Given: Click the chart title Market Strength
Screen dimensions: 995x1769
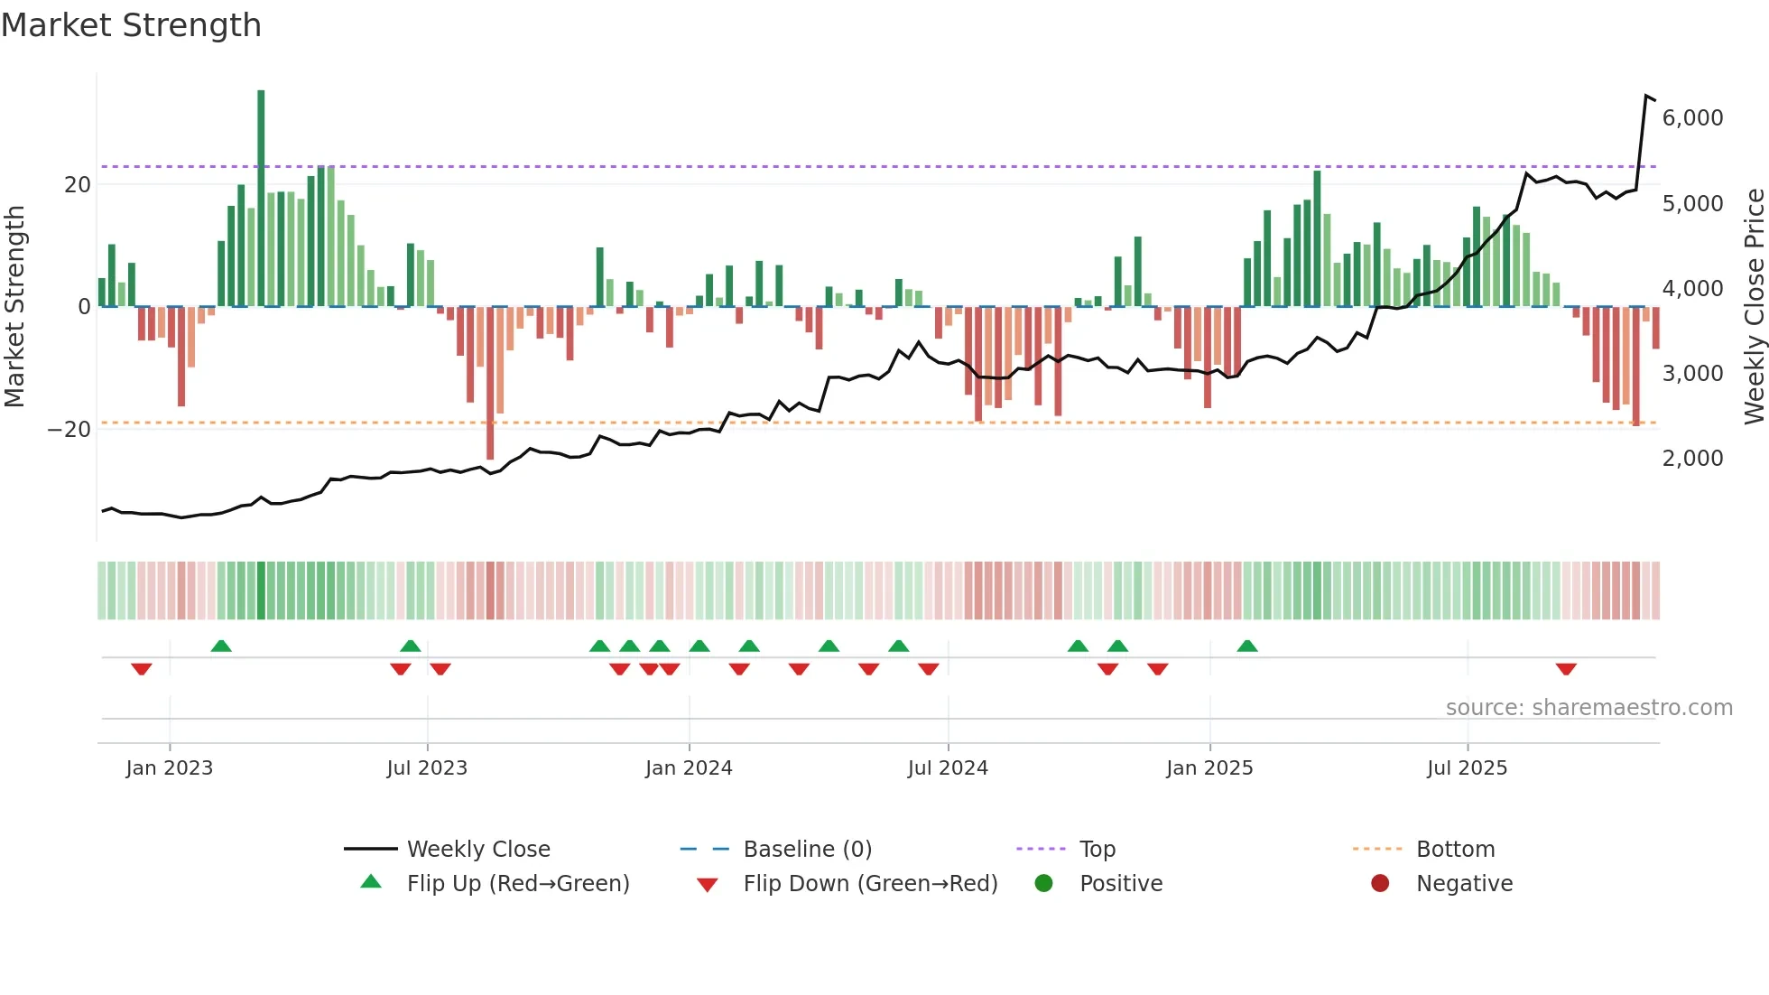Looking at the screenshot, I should point(132,25).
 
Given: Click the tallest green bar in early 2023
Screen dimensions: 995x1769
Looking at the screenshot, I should point(261,199).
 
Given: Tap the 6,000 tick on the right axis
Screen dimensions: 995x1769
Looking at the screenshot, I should point(1692,118).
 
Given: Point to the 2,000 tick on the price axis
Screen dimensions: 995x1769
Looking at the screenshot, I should point(1692,459).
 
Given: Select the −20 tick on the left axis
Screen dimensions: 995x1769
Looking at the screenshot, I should point(69,430).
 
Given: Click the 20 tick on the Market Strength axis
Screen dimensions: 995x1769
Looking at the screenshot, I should point(78,185).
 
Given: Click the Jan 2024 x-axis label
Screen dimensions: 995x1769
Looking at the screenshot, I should point(689,768).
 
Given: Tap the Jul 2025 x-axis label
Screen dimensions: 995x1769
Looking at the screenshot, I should point(1467,768).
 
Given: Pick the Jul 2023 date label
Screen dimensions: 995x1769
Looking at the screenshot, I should point(427,768).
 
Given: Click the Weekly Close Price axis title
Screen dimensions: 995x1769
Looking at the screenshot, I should point(1754,307).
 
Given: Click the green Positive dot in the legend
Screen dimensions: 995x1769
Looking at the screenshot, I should point(1044,884).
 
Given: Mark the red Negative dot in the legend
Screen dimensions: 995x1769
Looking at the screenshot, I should point(1380,884).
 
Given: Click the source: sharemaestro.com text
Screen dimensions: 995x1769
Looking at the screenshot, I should point(1588,708).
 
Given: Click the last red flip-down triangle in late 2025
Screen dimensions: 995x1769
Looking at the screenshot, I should point(1566,669).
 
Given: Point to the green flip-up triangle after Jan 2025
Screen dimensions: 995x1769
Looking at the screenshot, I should point(1247,646).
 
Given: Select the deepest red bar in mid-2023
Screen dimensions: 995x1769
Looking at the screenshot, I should point(490,384).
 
